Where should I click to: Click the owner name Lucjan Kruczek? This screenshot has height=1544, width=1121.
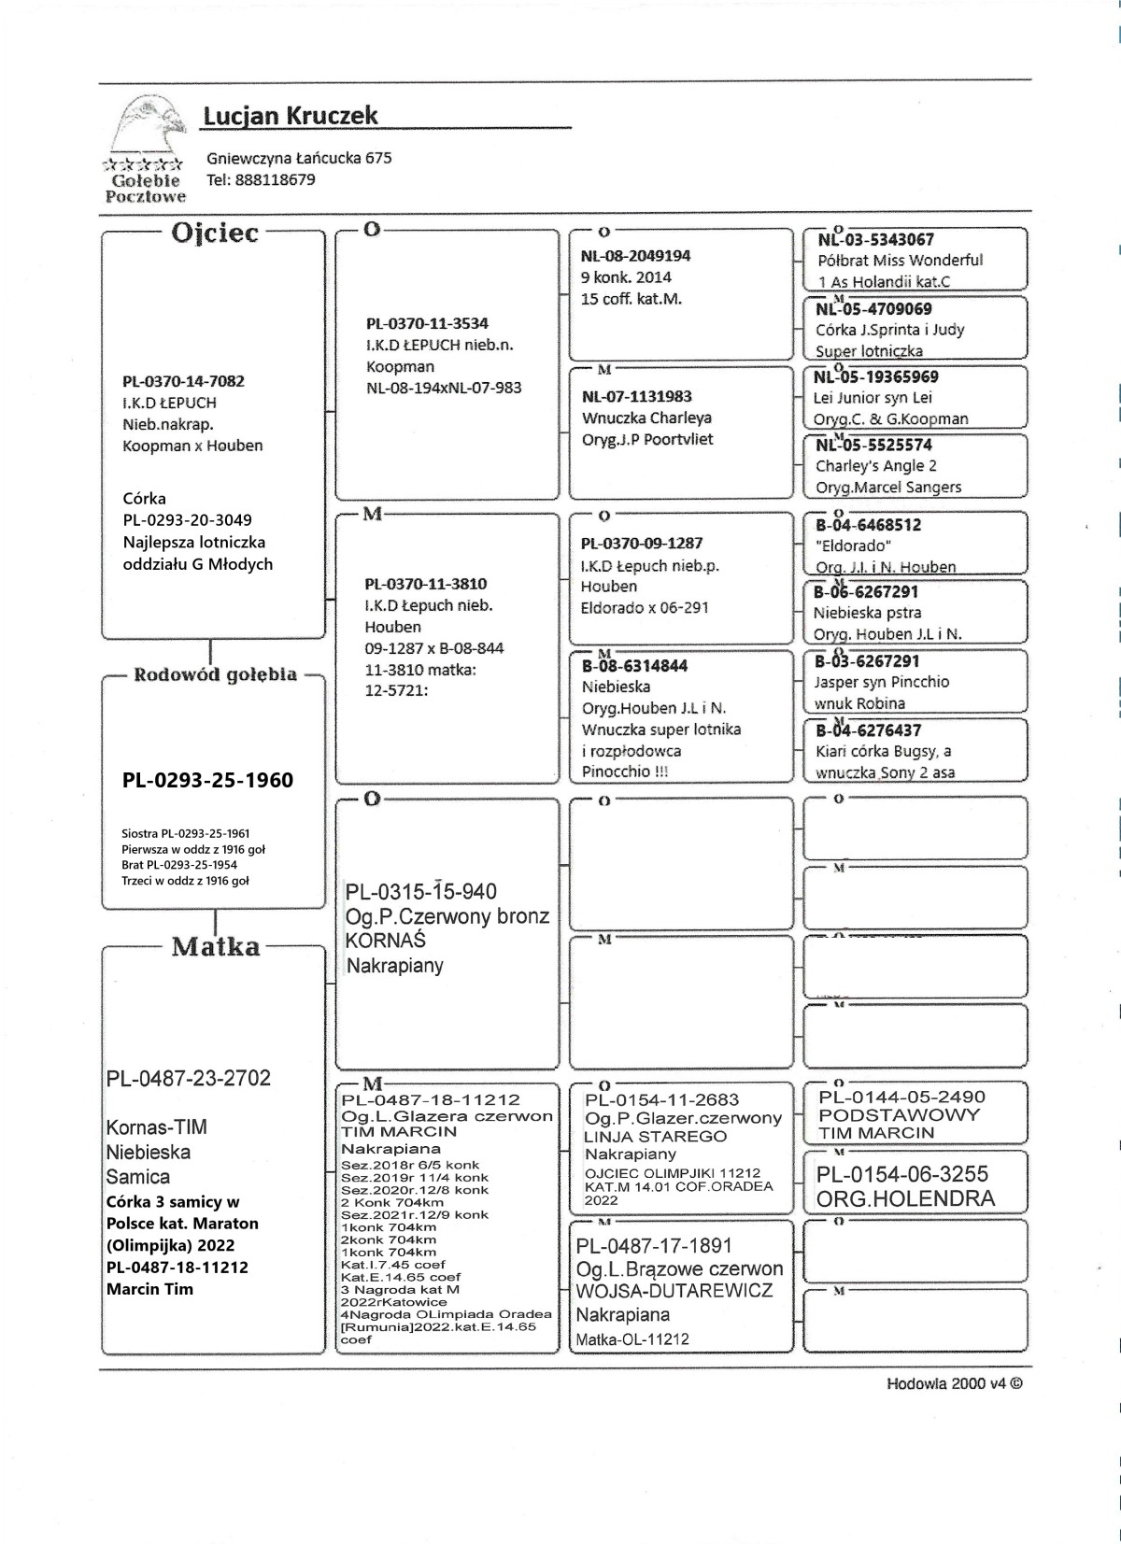pyautogui.click(x=290, y=116)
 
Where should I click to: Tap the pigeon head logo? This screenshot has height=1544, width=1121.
pyautogui.click(x=145, y=127)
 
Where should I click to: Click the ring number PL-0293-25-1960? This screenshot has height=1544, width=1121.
pyautogui.click(x=207, y=780)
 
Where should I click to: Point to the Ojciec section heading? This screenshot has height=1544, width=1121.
pyautogui.click(x=214, y=233)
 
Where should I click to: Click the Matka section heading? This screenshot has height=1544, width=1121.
pyautogui.click(x=215, y=946)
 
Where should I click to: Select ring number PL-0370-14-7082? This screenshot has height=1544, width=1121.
pyautogui.click(x=183, y=381)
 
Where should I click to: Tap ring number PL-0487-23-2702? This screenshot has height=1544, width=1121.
pyautogui.click(x=188, y=1078)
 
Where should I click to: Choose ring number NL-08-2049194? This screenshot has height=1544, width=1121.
pyautogui.click(x=635, y=256)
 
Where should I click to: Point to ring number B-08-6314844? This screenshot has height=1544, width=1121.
pyautogui.click(x=635, y=666)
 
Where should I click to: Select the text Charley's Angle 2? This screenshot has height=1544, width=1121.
pyautogui.click(x=875, y=466)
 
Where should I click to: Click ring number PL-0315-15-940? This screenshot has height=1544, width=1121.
pyautogui.click(x=420, y=892)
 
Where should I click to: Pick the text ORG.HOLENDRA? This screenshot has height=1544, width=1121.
pyautogui.click(x=905, y=1198)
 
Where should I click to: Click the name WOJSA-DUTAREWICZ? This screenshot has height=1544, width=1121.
pyautogui.click(x=674, y=1291)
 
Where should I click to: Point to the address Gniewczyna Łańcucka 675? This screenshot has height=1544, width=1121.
pyautogui.click(x=299, y=158)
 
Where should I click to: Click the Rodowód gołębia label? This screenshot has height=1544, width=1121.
pyautogui.click(x=215, y=674)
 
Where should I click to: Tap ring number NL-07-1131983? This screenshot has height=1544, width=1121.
pyautogui.click(x=636, y=396)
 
